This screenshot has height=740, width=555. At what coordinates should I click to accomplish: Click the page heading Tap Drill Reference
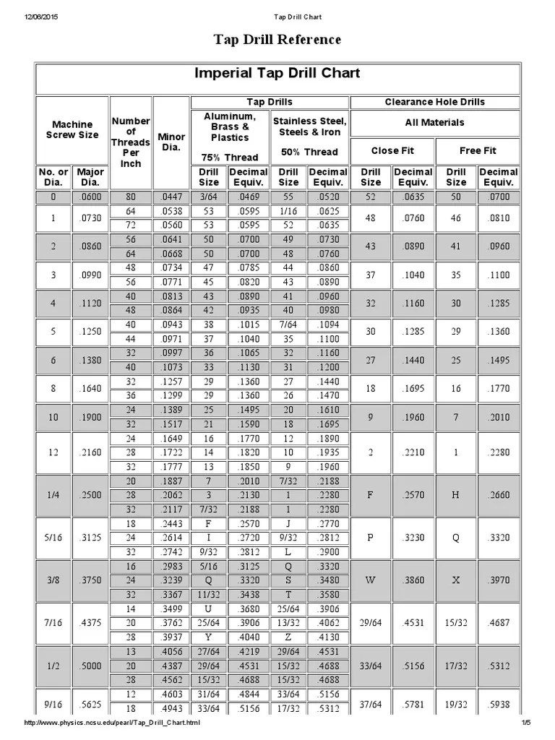tap(277, 40)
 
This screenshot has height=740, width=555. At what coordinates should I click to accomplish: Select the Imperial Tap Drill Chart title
tap(277, 74)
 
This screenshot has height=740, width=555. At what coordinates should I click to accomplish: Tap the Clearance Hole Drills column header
tap(434, 102)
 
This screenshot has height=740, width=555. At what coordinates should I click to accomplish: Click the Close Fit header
tap(392, 151)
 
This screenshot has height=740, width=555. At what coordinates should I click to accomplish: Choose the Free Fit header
tap(478, 151)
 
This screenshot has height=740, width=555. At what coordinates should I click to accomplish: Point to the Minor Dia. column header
tap(171, 142)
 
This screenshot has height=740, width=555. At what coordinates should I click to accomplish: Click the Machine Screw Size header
tap(72, 130)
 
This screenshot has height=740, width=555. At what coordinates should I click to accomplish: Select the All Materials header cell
tap(434, 123)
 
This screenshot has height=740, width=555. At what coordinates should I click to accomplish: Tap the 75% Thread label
tap(229, 158)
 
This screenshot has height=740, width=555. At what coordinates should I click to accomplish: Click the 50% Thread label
tap(309, 152)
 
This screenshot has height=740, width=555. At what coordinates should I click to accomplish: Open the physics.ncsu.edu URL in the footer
tap(113, 723)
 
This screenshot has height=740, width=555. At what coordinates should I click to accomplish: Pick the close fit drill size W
tap(371, 580)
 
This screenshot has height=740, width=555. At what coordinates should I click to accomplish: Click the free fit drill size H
tap(455, 495)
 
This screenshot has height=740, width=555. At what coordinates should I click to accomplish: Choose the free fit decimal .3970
tap(499, 580)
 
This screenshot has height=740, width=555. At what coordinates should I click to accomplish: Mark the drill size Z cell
tap(288, 637)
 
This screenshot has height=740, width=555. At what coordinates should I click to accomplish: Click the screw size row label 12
tap(53, 452)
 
